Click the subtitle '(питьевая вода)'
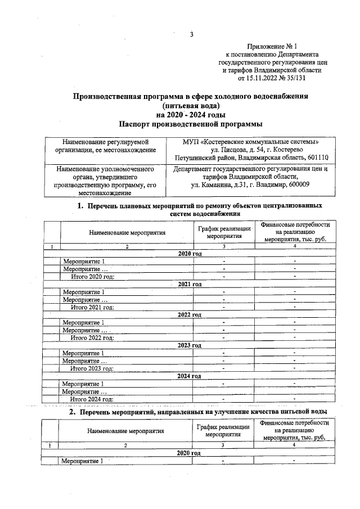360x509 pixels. pyautogui.click(x=191, y=105)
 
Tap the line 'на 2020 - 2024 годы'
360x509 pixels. pyautogui.click(x=191, y=114)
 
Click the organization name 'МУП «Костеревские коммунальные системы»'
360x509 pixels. pyautogui.click(x=251, y=141)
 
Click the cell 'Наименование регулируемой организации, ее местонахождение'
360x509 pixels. pyautogui.click(x=106, y=145)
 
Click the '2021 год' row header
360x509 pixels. pyautogui.click(x=190, y=285)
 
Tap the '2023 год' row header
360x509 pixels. pyautogui.click(x=190, y=345)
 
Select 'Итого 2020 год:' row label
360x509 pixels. pyautogui.click(x=92, y=277)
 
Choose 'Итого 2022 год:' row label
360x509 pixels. pyautogui.click(x=92, y=337)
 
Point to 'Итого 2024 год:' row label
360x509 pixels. pyautogui.click(x=92, y=398)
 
